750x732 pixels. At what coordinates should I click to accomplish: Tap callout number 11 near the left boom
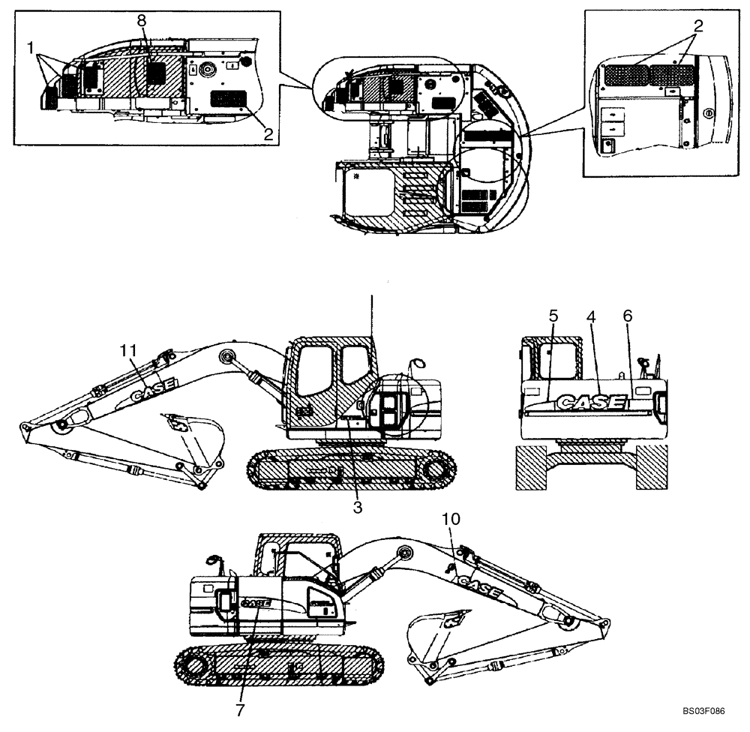[x=130, y=349]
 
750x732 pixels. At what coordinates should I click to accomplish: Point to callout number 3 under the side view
[x=358, y=508]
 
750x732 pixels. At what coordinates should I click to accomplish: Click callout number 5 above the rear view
[x=553, y=316]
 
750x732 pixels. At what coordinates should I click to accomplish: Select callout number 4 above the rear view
[x=591, y=316]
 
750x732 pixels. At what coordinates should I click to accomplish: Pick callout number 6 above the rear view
[x=628, y=316]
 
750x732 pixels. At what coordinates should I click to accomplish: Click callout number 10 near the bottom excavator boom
[x=450, y=519]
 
